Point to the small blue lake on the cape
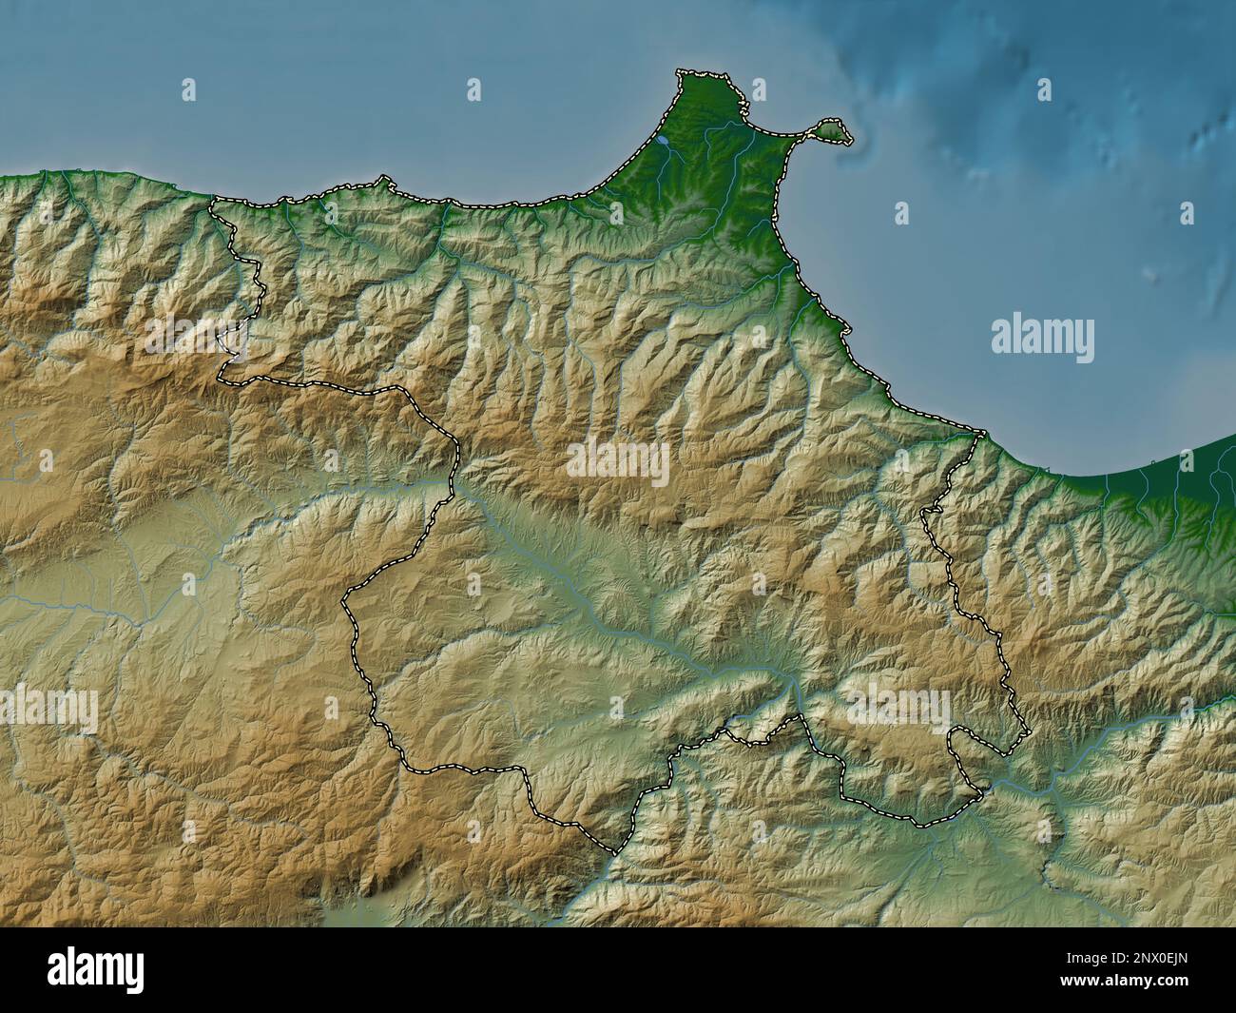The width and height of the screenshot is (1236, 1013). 662,141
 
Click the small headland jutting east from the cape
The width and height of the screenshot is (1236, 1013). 834,130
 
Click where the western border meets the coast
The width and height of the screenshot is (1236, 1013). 213,200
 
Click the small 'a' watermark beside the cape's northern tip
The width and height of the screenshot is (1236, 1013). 759,90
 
